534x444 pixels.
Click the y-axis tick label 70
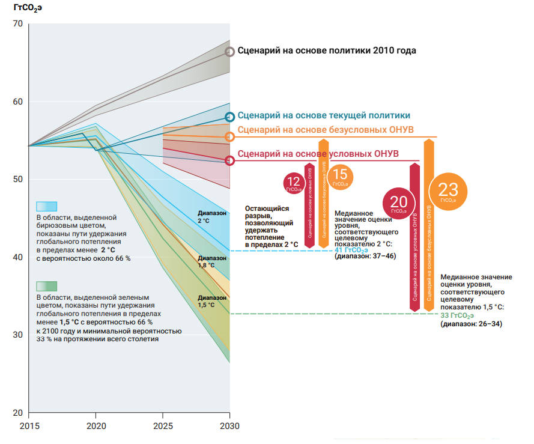pos(16,24)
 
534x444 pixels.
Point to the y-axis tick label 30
pos(16,335)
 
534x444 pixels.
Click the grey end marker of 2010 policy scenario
pos(229,52)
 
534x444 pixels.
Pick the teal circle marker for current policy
pos(229,117)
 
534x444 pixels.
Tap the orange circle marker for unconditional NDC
pos(229,137)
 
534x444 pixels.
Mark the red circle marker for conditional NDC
pos(229,160)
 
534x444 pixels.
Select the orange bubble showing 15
pos(340,176)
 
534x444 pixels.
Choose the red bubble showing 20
pos(399,203)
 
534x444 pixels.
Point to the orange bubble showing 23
pos(448,192)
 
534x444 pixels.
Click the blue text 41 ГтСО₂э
pos(351,249)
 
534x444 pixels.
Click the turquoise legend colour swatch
pos(46,206)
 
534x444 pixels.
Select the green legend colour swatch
pos(46,286)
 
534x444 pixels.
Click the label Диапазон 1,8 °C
pos(213,261)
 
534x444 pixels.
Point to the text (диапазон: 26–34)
pos(472,324)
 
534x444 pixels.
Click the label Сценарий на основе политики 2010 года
pos(327,51)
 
